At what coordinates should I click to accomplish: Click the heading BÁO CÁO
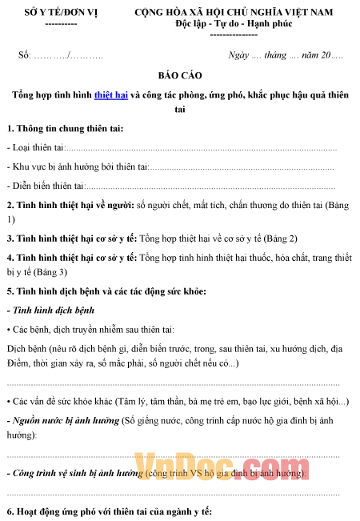click(179, 75)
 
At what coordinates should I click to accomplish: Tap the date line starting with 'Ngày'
click(286, 55)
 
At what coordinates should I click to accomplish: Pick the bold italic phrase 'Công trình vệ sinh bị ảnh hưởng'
click(75, 473)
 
